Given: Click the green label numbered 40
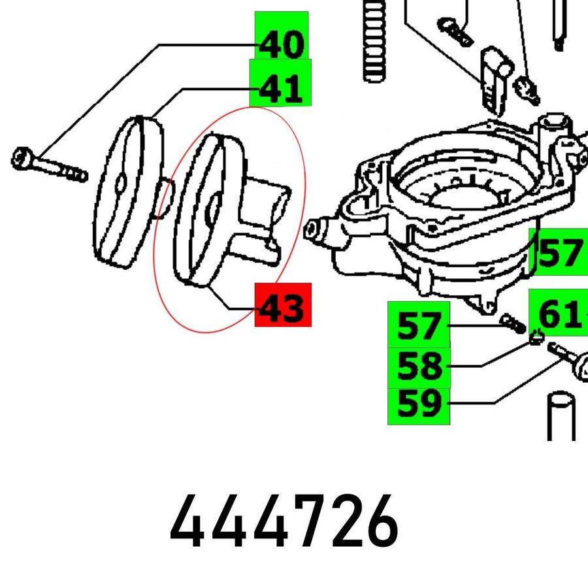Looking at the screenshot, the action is [282, 35].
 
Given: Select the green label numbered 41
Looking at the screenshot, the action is [280, 82].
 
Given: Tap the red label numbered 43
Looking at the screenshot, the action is [283, 305].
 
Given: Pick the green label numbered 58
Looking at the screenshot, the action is [419, 367].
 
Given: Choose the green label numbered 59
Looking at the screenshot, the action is [419, 406].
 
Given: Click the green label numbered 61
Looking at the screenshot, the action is [559, 312].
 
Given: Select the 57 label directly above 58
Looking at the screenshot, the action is [419, 325].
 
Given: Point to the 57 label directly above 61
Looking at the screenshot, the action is [559, 252].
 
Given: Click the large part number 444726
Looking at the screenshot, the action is [284, 521].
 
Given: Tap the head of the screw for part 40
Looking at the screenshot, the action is [22, 157].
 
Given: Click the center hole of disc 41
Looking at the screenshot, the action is [120, 184].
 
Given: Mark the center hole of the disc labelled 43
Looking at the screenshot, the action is [212, 208].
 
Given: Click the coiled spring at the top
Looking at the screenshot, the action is [374, 41].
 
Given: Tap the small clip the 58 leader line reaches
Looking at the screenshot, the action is [537, 337].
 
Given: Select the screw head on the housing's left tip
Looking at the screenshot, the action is [313, 229].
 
